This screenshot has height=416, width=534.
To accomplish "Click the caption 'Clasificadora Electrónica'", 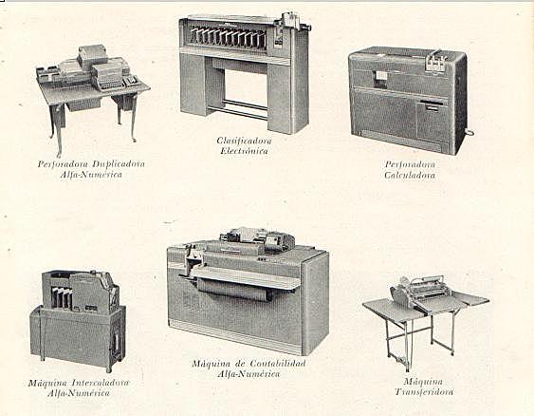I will click(x=244, y=145).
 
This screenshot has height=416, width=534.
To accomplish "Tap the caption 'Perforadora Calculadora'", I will click(x=409, y=169).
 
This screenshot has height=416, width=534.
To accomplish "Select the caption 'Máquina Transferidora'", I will click(x=423, y=387).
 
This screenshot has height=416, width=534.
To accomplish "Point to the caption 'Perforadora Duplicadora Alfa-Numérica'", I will click(x=92, y=169).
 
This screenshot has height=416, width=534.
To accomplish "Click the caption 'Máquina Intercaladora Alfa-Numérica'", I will click(x=72, y=388).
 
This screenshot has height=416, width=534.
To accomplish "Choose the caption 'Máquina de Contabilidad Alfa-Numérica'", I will click(x=249, y=369).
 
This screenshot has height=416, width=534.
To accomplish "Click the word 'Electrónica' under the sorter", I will click(x=244, y=151).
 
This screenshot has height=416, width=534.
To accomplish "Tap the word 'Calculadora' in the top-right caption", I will click(x=409, y=175).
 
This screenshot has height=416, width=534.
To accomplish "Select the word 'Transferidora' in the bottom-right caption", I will click(x=423, y=391).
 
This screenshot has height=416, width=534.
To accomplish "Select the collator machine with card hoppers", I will click(x=77, y=318).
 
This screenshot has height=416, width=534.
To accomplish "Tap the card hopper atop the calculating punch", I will click(x=434, y=60).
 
